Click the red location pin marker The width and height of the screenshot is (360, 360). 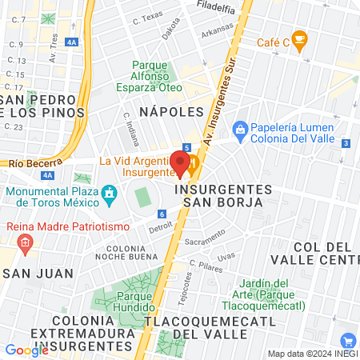coord(180,162)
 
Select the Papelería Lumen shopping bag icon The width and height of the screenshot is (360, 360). coord(239,129)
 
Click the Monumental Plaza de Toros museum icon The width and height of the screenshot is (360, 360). coord(108,194)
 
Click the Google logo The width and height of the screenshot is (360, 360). coord(26,350)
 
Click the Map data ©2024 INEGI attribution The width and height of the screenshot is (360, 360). coord(312,354)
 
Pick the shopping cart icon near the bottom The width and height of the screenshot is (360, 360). coord(346,341)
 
